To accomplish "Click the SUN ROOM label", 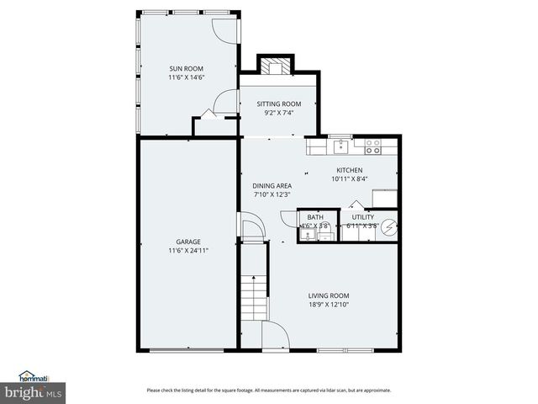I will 186,69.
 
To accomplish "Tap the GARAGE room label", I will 187,242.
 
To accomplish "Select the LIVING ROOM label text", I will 328,295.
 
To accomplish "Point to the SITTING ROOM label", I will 278,104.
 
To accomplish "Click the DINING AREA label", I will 272,186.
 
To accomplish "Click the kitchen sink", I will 340,146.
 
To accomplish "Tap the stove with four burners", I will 372,146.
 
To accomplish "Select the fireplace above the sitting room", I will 275,66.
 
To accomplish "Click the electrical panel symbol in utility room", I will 388,226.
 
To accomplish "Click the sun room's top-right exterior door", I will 225,26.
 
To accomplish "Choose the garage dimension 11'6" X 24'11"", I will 187,250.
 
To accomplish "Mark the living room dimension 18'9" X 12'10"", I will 328,304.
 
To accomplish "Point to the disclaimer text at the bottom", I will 268,390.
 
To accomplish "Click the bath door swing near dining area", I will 289,218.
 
